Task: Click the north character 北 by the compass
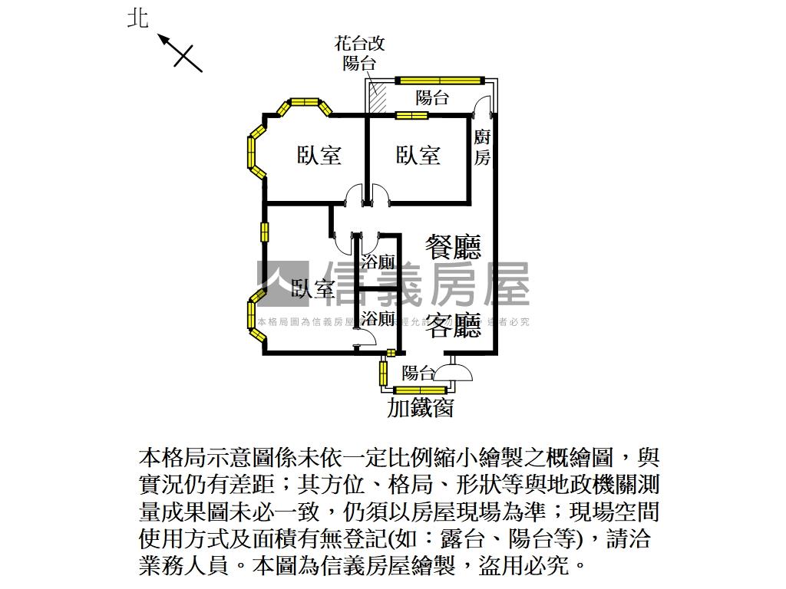point(137,17)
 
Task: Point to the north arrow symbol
point(180,51)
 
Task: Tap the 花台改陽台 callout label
point(359,53)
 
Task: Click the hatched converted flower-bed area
point(378,97)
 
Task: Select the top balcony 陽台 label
point(432,98)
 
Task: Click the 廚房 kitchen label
point(482,148)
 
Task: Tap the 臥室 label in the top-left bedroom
point(319,156)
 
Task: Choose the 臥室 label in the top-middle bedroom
point(418,156)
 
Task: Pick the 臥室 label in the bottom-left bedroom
point(313,289)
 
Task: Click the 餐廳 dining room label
point(454,247)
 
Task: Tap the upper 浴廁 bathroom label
point(378,262)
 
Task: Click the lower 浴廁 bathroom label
point(378,318)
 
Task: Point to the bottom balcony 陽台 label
point(418,373)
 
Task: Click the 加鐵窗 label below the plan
point(420,406)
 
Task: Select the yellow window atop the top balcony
point(440,79)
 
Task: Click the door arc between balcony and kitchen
point(482,108)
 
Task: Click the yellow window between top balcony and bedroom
point(411,116)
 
